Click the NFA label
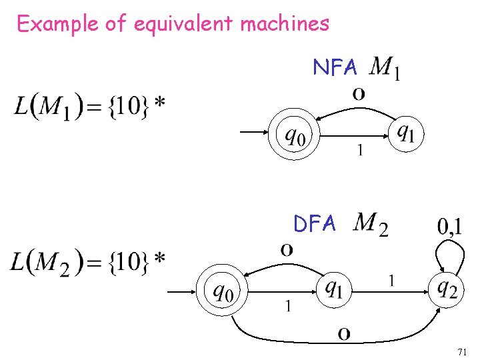335,67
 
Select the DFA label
315,224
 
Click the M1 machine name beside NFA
385,67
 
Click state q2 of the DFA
447,288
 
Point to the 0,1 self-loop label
450,227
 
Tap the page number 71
463,351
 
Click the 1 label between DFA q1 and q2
391,282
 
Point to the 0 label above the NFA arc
359,95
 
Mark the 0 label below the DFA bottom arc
344,333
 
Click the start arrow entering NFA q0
253,132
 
